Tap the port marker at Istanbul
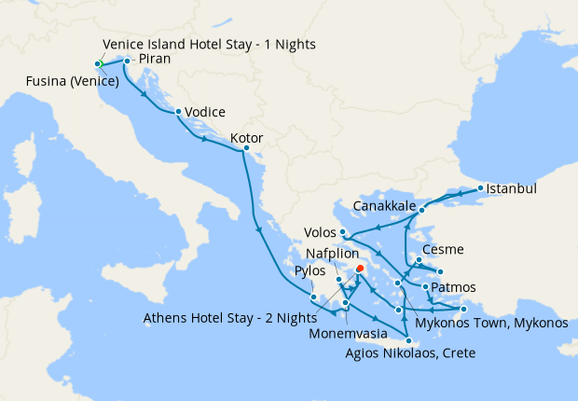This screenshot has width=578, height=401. (480, 188)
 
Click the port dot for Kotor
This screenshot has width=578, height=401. (246, 148)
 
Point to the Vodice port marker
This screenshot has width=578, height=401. (177, 112)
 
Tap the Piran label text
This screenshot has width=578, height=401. (154, 60)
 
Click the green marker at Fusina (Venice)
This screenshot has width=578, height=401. (98, 63)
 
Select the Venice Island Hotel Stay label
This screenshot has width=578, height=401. (209, 44)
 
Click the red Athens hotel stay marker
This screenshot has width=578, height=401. (360, 269)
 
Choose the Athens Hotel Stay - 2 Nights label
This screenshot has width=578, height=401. (225, 317)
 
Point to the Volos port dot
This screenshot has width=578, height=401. (344, 231)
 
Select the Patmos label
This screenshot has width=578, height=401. (455, 286)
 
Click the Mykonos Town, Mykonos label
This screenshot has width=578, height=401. (491, 324)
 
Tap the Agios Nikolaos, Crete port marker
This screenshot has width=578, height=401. (408, 341)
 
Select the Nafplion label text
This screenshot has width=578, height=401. (337, 253)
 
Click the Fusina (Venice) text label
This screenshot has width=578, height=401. (73, 80)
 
